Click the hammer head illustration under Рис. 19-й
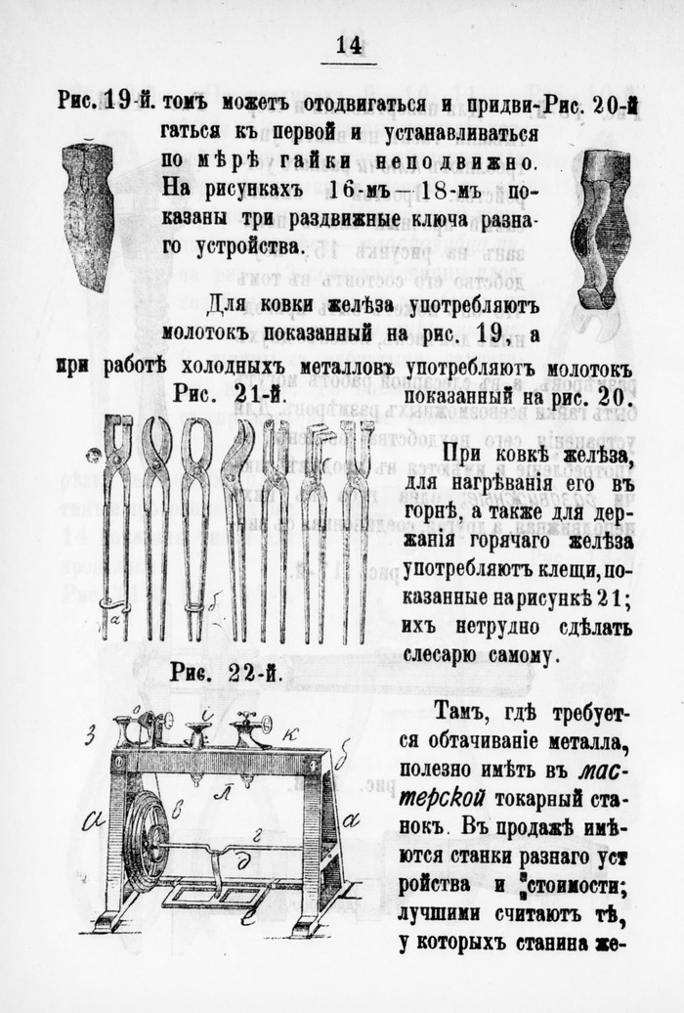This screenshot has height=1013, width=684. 89,215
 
